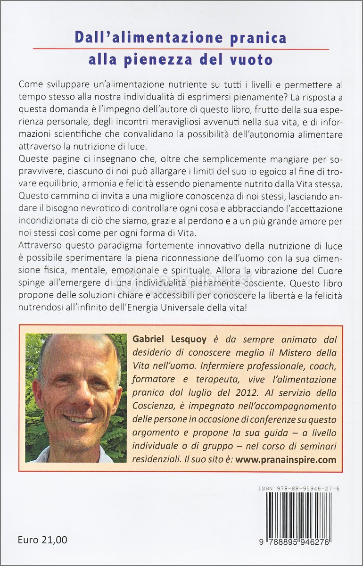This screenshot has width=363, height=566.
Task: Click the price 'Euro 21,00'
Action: point(42,540)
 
